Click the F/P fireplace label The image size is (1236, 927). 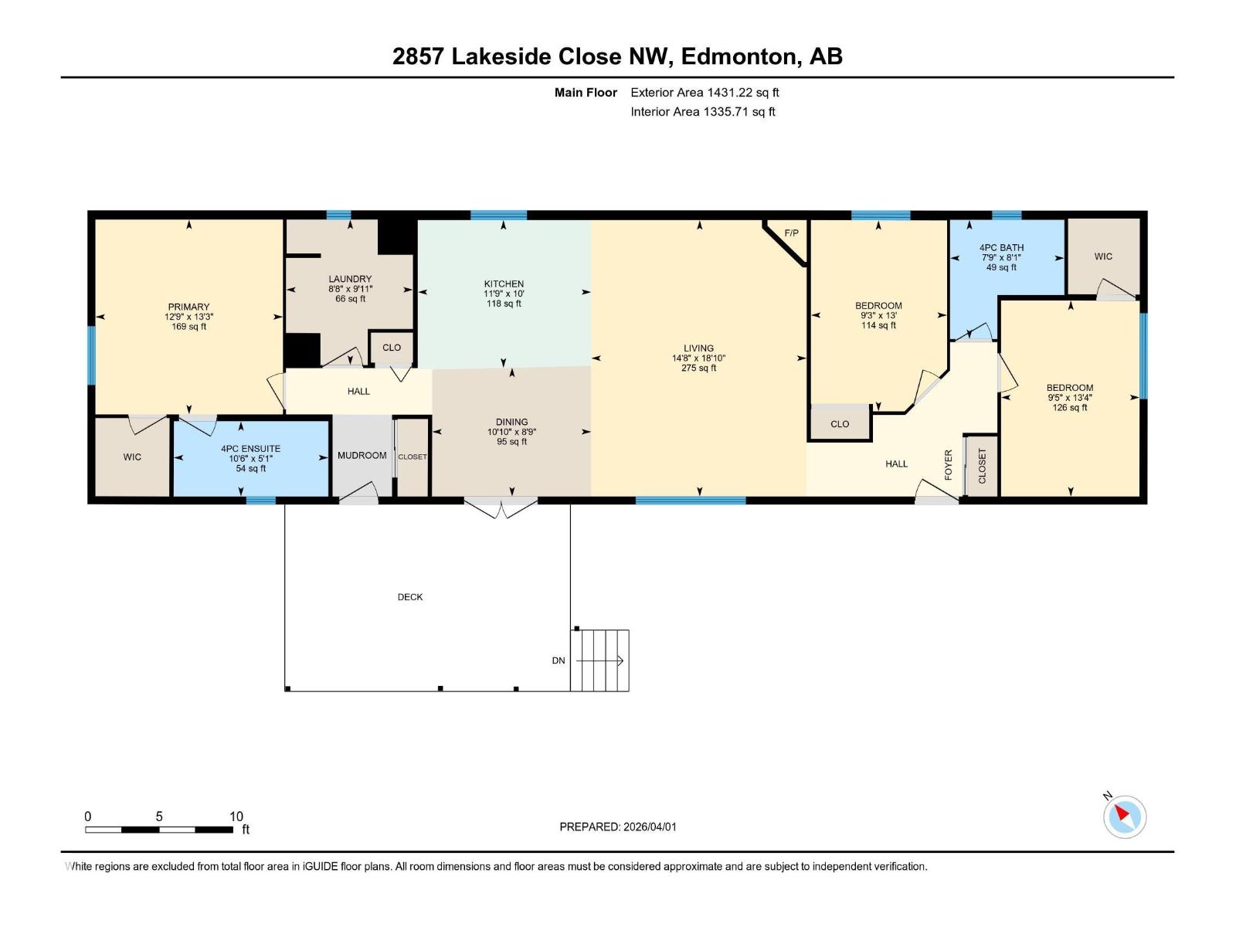point(790,233)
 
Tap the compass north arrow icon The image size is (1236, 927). point(1124,816)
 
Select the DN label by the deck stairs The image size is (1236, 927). point(558,660)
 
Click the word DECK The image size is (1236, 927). point(410,596)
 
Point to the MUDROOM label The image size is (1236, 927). point(362,455)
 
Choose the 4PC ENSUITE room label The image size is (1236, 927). point(250,449)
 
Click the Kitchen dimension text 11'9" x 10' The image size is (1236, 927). point(504,294)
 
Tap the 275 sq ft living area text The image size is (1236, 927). point(699,368)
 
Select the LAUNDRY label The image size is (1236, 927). point(350,279)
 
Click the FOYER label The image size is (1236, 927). point(949,465)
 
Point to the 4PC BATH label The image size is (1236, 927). point(1001,248)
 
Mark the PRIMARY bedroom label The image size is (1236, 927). point(188,307)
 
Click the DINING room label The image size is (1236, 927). point(512,422)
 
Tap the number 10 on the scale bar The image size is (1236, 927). point(236,816)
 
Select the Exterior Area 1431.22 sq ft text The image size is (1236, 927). point(705,92)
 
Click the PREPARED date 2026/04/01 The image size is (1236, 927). point(649,827)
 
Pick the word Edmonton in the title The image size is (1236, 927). point(739,56)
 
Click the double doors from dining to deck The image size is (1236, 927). point(501,506)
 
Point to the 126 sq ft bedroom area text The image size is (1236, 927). point(1070,407)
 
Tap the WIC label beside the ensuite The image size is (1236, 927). point(132,457)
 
